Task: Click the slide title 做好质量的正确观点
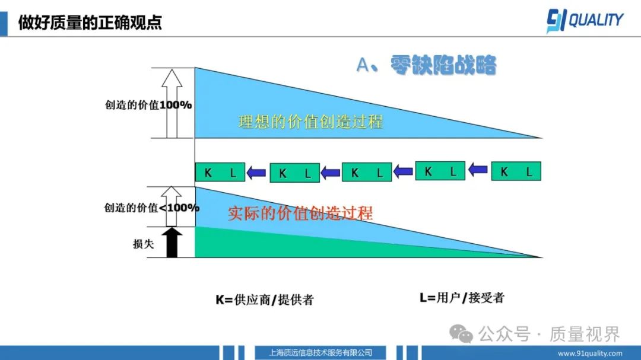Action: click(90, 23)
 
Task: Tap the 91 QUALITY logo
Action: click(585, 21)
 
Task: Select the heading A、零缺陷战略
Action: click(426, 65)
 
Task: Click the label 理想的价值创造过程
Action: click(310, 122)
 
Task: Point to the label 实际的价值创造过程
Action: click(300, 212)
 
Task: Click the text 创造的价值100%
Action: click(148, 105)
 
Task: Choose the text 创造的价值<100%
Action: click(151, 208)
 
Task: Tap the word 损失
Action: click(143, 243)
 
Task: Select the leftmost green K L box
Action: click(220, 173)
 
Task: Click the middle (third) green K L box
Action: click(367, 173)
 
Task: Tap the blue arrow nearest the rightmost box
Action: click(477, 171)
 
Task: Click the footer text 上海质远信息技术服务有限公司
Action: click(320, 352)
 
